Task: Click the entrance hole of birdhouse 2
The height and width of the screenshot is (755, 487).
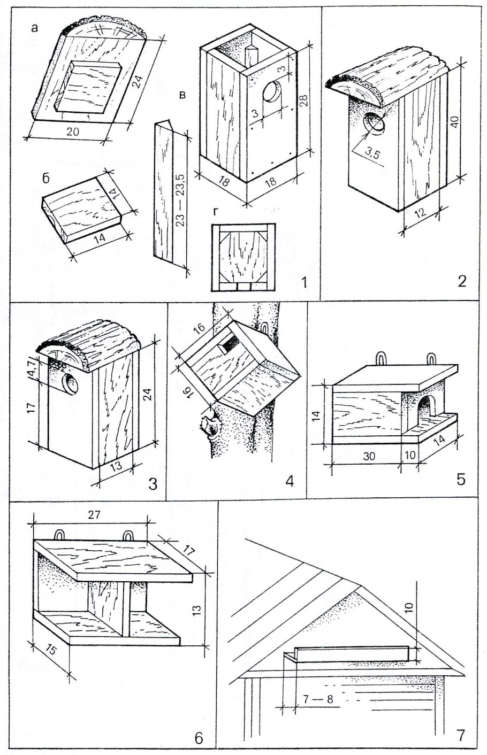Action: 374,124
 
